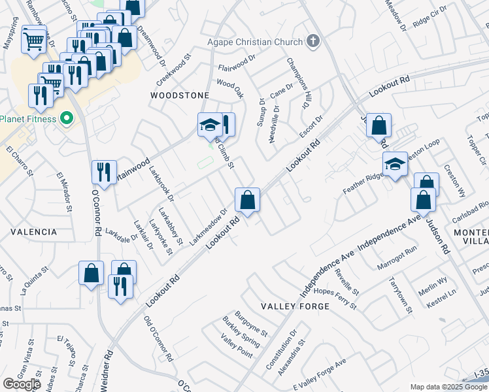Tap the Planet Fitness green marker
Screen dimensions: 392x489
click(65, 119)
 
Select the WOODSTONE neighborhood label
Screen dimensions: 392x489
click(180, 95)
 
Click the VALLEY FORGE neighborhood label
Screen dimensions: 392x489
click(289, 306)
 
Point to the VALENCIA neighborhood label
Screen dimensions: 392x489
click(33, 232)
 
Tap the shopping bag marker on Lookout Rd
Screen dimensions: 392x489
click(248, 201)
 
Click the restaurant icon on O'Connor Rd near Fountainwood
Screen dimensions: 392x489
click(104, 173)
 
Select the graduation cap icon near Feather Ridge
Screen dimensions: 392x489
click(395, 165)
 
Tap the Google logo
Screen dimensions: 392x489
click(22, 384)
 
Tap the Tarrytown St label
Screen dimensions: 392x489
click(399, 296)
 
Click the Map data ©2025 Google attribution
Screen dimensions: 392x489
click(448, 387)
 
